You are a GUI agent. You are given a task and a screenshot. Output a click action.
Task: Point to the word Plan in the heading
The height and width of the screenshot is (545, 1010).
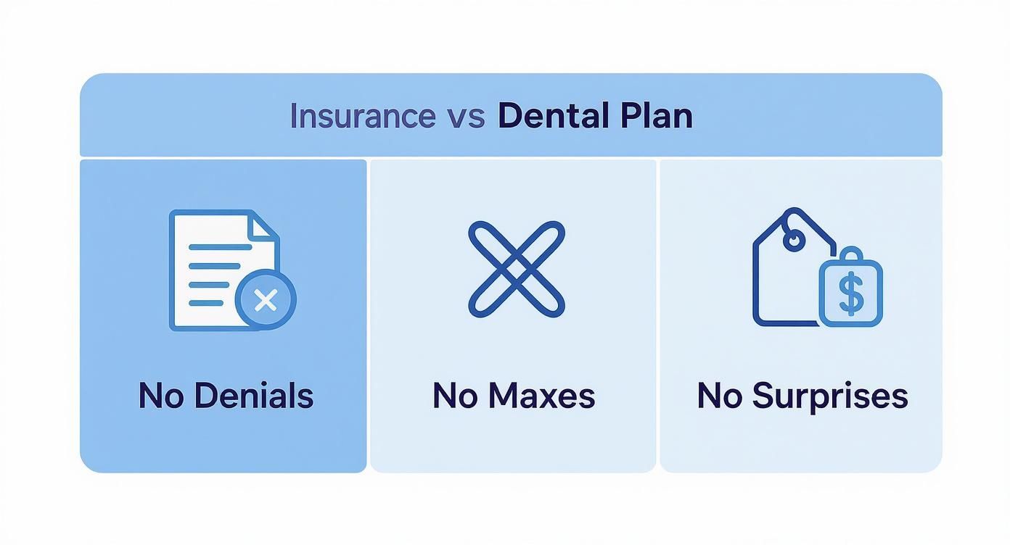(657, 116)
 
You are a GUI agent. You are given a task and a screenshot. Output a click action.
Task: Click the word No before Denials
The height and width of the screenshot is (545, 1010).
(160, 396)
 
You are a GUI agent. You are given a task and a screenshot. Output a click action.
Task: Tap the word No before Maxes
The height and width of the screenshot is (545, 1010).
(455, 396)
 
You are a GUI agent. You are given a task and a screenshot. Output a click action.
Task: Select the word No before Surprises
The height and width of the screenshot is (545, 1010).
(719, 396)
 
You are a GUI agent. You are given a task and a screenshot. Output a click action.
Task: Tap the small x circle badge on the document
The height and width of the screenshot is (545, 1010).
(266, 300)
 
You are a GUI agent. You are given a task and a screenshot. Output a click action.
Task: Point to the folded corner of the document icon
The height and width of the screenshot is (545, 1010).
(265, 224)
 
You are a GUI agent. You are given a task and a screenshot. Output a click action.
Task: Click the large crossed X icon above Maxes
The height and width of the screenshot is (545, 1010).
(516, 269)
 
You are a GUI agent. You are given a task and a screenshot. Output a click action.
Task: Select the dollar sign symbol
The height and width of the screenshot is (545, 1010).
(850, 293)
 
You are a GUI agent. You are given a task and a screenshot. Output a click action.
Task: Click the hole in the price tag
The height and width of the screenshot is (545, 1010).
(795, 240)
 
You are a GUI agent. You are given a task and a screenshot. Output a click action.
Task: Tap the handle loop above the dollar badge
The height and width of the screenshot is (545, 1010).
(851, 255)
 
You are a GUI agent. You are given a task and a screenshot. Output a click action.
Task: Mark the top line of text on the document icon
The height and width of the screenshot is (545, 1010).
(219, 247)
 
